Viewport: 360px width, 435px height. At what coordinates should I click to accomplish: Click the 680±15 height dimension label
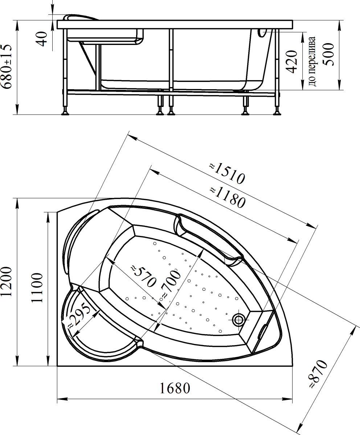click(6, 67)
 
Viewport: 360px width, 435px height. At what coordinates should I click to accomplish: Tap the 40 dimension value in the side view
click(42, 39)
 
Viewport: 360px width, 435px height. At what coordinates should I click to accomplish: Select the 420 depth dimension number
click(292, 62)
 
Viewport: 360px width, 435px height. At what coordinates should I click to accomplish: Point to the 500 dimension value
click(328, 55)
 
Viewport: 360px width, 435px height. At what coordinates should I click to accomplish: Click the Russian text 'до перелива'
click(312, 62)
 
